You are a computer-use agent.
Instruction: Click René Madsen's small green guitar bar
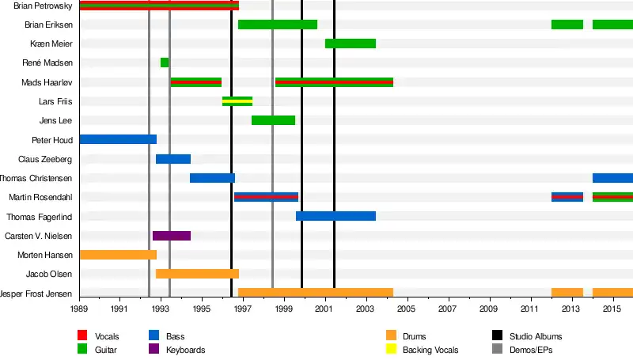[165, 63]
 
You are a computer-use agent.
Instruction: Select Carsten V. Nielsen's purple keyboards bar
[172, 236]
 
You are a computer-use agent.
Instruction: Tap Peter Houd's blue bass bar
[118, 139]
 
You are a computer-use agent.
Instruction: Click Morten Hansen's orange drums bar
[118, 255]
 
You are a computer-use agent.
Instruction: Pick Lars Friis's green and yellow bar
[237, 101]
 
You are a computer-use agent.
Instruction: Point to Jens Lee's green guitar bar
[273, 120]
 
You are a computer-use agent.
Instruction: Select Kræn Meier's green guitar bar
[351, 44]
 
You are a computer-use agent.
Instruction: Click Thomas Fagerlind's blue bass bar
[335, 216]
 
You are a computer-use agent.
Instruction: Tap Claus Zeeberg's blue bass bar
[173, 159]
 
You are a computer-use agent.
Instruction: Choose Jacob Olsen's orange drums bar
[197, 274]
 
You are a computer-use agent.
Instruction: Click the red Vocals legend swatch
[82, 336]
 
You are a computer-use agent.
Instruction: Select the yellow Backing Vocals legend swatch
[391, 350]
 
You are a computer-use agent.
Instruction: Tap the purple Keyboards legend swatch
[154, 350]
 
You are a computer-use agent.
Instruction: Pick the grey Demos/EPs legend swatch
[497, 350]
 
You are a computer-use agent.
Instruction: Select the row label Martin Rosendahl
[41, 197]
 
